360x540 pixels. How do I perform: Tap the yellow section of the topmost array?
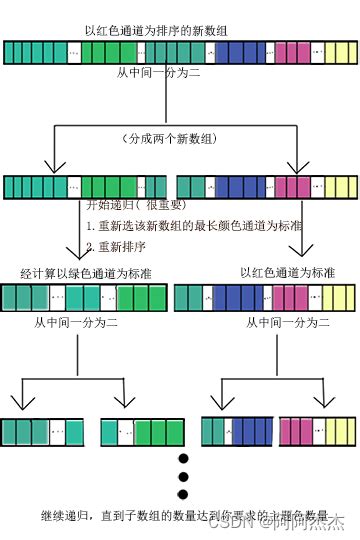pos(331,51)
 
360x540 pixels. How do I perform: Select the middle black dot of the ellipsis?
pos(183,476)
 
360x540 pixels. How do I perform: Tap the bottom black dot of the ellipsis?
pos(183,494)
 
